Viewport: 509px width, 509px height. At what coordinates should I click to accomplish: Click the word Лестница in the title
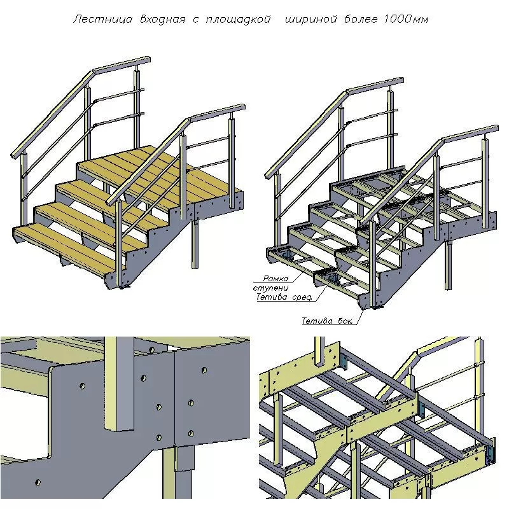[103, 19]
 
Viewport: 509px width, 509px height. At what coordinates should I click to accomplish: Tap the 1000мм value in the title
[406, 19]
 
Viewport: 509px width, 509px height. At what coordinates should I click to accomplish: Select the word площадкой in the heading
[238, 20]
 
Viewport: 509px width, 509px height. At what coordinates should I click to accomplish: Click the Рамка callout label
[275, 278]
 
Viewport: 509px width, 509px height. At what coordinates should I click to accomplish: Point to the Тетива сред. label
[284, 296]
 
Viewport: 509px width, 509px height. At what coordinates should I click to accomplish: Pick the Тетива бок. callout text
[327, 321]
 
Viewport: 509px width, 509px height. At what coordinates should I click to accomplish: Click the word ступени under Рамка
[270, 288]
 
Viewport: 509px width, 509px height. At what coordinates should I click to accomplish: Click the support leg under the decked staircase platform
[195, 244]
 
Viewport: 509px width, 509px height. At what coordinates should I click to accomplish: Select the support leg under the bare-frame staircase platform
[448, 265]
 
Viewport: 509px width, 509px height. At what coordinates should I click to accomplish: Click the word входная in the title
[163, 20]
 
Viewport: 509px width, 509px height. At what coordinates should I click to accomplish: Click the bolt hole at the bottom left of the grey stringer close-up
[38, 482]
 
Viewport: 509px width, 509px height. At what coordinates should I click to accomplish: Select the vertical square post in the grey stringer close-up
[119, 384]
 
